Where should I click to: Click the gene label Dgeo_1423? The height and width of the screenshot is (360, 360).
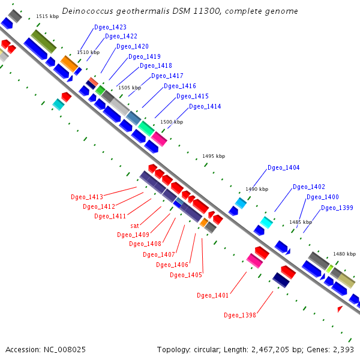pyautogui.click(x=110, y=27)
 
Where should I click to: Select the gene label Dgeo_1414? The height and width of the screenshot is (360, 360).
pyautogui.click(x=205, y=106)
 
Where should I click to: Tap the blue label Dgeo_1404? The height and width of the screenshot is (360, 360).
pyautogui.click(x=283, y=167)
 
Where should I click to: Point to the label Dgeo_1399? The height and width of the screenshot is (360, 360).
pyautogui.click(x=337, y=208)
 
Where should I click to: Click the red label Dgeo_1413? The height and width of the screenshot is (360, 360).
pyautogui.click(x=87, y=197)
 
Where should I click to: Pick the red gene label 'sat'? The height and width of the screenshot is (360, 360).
pyautogui.click(x=135, y=226)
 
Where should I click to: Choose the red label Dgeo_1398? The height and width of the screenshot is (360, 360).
pyautogui.click(x=240, y=315)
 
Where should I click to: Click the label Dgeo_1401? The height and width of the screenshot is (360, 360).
pyautogui.click(x=213, y=295)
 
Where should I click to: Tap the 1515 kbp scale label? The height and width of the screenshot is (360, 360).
pyautogui.click(x=47, y=17)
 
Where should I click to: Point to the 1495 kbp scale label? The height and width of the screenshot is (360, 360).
pyautogui.click(x=214, y=156)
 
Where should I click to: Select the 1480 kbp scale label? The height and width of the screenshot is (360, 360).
pyautogui.click(x=344, y=254)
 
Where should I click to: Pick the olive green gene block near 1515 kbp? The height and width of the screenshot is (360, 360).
pyautogui.click(x=44, y=41)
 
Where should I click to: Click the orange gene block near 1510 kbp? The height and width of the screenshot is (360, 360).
pyautogui.click(x=69, y=63)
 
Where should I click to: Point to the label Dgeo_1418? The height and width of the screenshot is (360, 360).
pyautogui.click(x=155, y=65)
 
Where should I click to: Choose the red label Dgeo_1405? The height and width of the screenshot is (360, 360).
pyautogui.click(x=185, y=275)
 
